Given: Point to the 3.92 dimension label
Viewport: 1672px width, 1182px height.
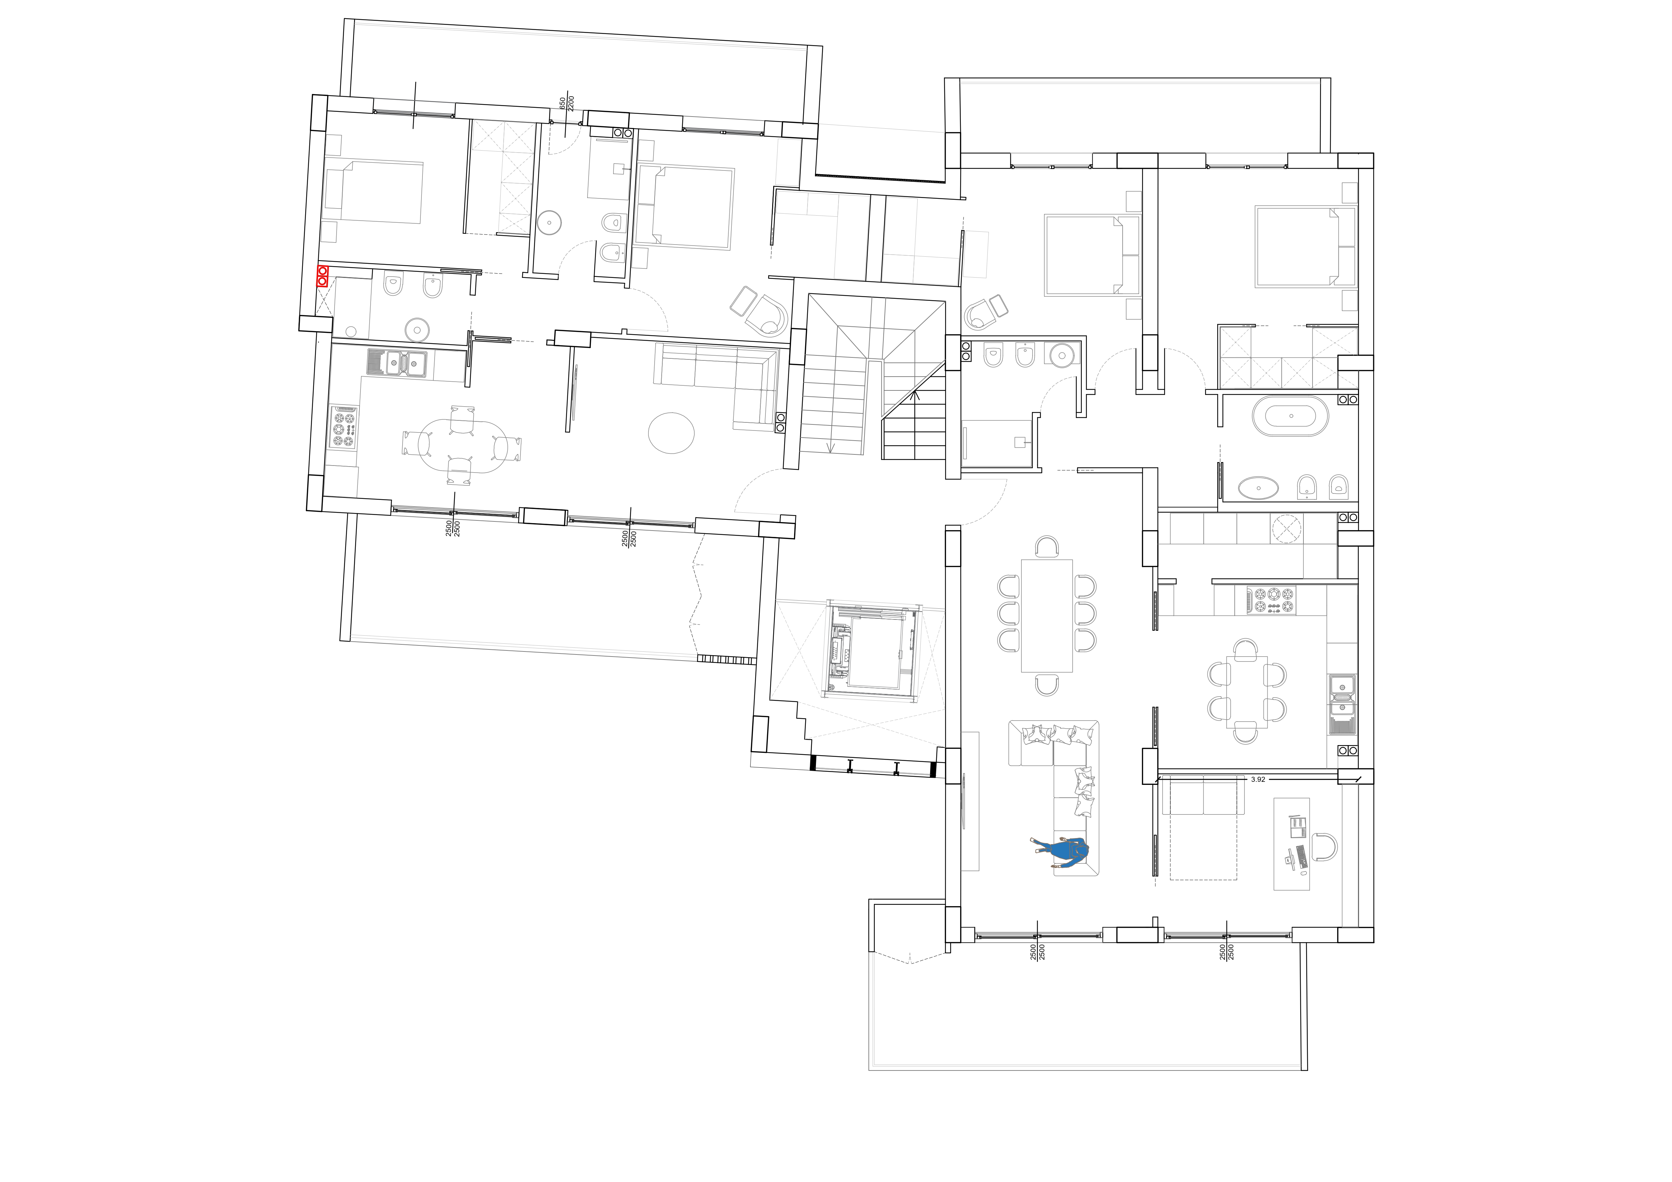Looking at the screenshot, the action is pyautogui.click(x=1258, y=779).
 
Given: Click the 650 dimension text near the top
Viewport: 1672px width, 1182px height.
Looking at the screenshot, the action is pyautogui.click(x=562, y=104).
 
